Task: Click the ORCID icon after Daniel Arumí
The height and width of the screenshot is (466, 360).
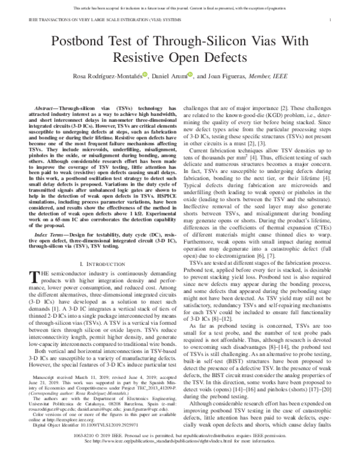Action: [x=190, y=74]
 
